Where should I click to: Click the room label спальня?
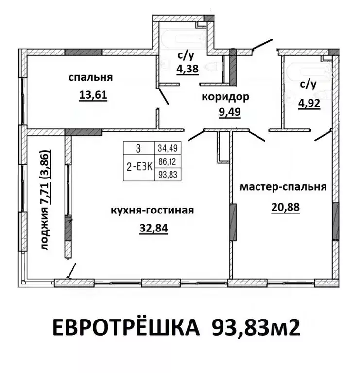click(91, 77)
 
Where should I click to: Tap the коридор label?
click(225, 97)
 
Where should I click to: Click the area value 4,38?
click(187, 69)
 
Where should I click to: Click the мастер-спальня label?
click(284, 187)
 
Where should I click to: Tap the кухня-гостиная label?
click(153, 211)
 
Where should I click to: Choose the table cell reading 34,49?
click(167, 147)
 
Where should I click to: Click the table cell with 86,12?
click(167, 165)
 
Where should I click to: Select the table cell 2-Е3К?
click(139, 166)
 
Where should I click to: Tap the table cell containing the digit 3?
click(139, 147)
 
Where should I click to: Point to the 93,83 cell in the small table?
click(167, 175)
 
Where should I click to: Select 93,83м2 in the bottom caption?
click(256, 329)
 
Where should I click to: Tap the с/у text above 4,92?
click(308, 85)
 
